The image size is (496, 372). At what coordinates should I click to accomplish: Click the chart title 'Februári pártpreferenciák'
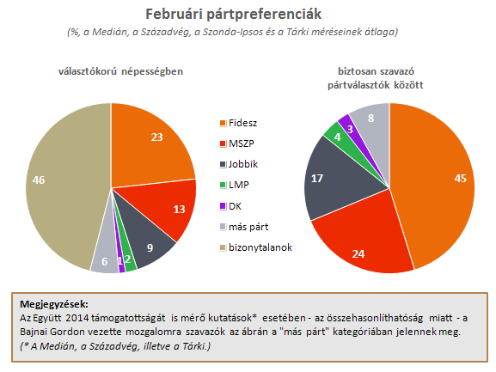(x=233, y=15)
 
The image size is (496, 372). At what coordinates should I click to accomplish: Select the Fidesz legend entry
(x=238, y=123)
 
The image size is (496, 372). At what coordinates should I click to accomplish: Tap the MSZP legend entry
(x=237, y=143)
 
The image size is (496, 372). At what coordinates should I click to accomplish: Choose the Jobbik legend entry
(x=239, y=164)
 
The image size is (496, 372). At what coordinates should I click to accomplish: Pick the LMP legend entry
(x=235, y=185)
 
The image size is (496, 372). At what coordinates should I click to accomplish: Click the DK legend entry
(x=230, y=206)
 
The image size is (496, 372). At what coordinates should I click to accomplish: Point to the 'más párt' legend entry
(x=244, y=227)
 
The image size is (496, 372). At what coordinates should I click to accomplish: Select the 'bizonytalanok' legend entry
(x=256, y=247)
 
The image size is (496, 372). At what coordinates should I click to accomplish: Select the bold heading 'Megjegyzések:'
(x=54, y=304)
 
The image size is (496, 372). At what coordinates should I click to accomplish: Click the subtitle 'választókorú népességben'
(x=120, y=71)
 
